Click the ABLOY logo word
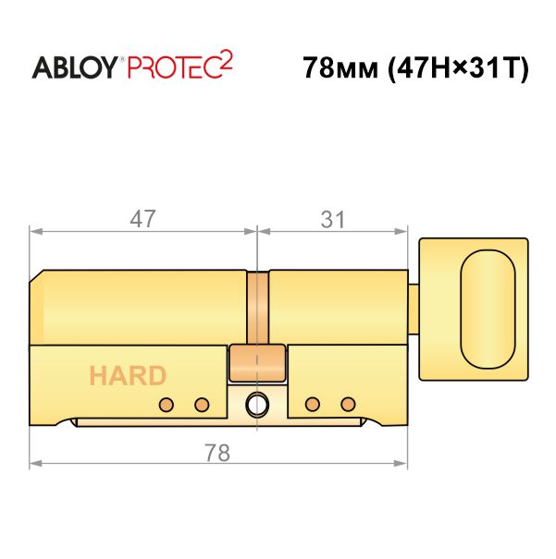[x=75, y=67]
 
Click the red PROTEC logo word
[x=172, y=67]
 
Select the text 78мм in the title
[x=340, y=67]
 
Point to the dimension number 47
[x=142, y=219]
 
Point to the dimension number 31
[x=333, y=219]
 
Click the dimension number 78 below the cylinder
[x=217, y=453]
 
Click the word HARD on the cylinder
[x=128, y=376]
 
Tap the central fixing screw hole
[x=257, y=405]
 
